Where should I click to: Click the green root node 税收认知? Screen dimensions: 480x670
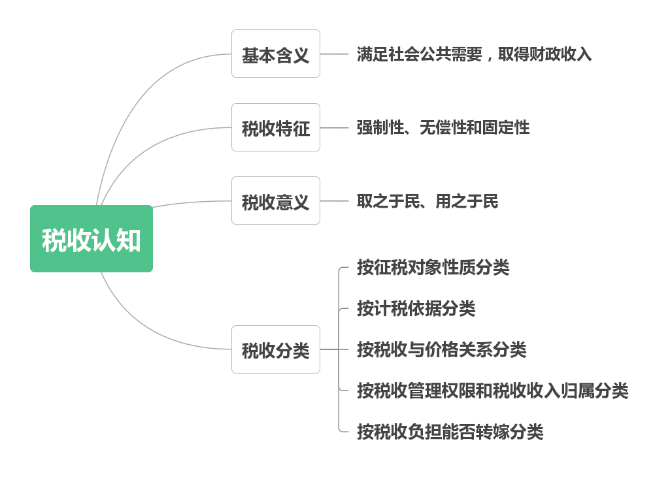[92, 239]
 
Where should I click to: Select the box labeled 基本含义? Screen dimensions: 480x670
[275, 54]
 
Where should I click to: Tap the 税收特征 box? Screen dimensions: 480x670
[275, 128]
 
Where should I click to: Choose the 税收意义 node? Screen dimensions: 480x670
[275, 201]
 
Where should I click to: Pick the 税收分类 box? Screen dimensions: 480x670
[275, 350]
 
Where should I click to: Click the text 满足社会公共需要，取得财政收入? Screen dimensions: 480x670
[474, 54]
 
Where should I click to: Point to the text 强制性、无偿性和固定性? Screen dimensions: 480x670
[443, 127]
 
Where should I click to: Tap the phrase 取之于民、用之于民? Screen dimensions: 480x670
[427, 201]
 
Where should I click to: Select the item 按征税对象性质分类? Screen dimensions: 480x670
[433, 268]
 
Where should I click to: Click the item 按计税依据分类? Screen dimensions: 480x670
[416, 309]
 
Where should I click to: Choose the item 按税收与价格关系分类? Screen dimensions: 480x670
[441, 350]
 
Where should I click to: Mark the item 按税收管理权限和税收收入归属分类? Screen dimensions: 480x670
[492, 391]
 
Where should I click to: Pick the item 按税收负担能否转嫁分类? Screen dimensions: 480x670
[450, 432]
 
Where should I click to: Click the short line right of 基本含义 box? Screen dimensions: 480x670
[334, 54]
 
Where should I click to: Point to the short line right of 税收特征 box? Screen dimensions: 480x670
[334, 128]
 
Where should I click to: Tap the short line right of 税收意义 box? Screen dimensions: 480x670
[334, 201]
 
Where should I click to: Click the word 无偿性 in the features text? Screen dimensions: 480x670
[442, 127]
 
